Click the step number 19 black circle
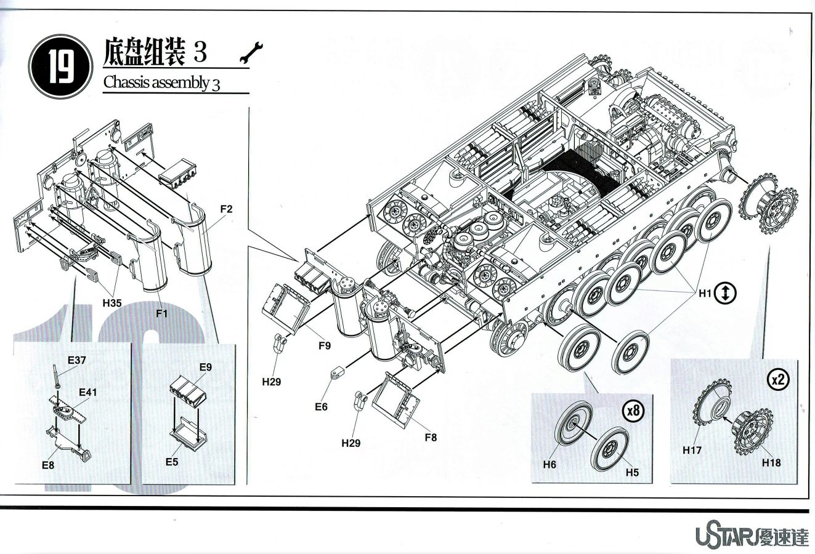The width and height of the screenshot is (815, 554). point(60,64)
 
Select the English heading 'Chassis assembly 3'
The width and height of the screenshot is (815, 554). point(161,82)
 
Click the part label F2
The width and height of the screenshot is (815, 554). point(226,209)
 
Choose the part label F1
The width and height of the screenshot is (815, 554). point(162,313)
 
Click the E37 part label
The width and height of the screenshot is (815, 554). point(76,361)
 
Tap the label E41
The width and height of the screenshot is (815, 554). point(87,391)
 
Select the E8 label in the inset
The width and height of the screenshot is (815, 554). point(48,465)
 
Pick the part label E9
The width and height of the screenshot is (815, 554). point(206,367)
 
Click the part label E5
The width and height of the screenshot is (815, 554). point(172,461)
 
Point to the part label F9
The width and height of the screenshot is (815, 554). point(325,346)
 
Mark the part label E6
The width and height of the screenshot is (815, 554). point(321,407)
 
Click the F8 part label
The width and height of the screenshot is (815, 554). point(431,438)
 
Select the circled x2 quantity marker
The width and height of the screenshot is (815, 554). point(779,380)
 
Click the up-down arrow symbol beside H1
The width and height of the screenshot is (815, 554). point(726,294)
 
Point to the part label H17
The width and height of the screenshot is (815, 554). point(692,451)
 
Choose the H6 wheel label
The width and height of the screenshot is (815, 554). point(549,465)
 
